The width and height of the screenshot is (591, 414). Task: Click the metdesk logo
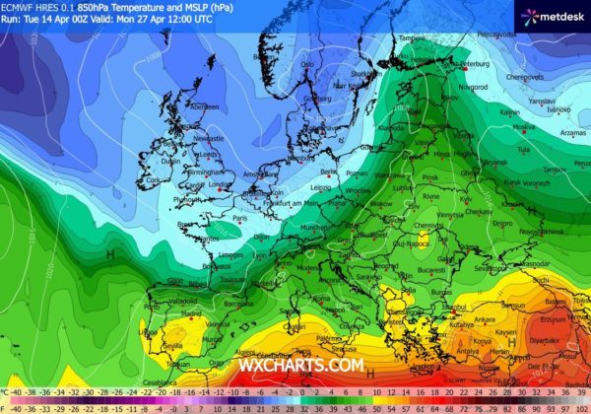(553, 15)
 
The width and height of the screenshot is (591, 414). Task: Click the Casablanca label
(141, 382)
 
